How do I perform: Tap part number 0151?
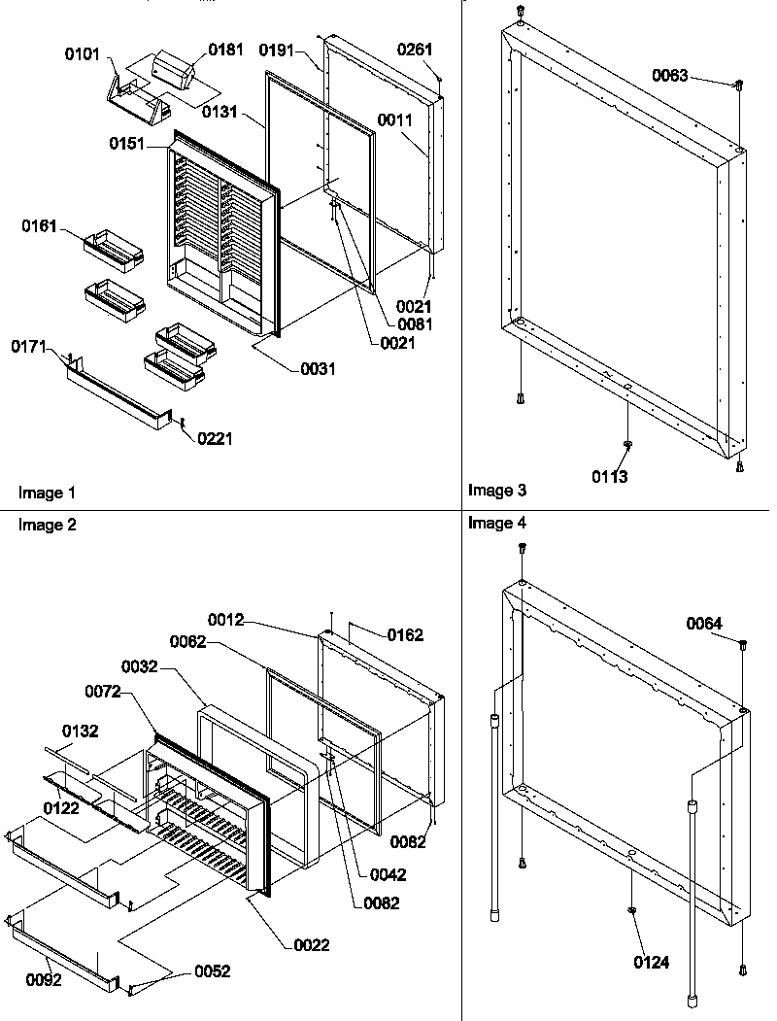(x=127, y=144)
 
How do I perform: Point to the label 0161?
(x=41, y=226)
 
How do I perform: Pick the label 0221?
(x=215, y=439)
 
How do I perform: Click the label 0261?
(x=416, y=50)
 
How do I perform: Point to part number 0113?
(x=610, y=476)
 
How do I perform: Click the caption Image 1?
(x=47, y=493)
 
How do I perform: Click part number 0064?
(x=704, y=623)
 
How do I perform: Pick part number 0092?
(x=44, y=980)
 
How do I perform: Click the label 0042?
(x=388, y=874)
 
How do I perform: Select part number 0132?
(x=82, y=731)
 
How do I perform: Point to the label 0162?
(x=405, y=635)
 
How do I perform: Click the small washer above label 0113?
(x=627, y=444)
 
